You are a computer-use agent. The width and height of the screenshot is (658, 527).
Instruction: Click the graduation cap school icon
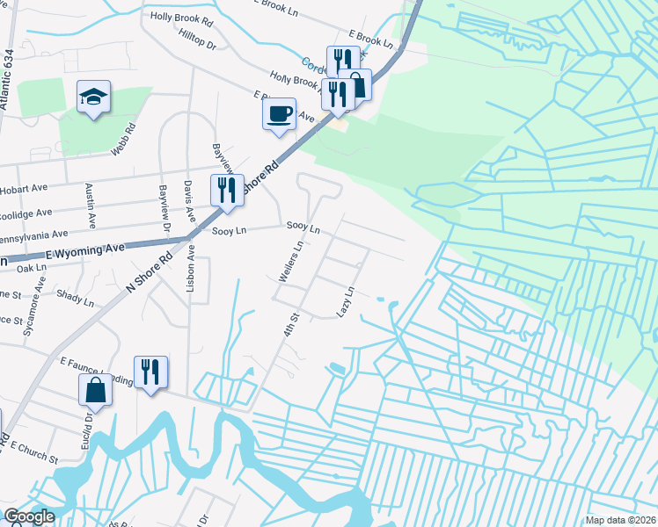click(91, 97)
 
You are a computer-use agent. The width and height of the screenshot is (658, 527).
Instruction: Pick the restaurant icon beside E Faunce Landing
click(150, 372)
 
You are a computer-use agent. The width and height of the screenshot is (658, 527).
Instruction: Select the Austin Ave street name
click(89, 203)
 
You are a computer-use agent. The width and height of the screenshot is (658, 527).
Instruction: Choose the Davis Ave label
click(188, 202)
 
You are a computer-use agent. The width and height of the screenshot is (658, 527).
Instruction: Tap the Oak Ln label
click(31, 267)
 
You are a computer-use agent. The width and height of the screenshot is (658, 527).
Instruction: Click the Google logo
click(28, 516)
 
